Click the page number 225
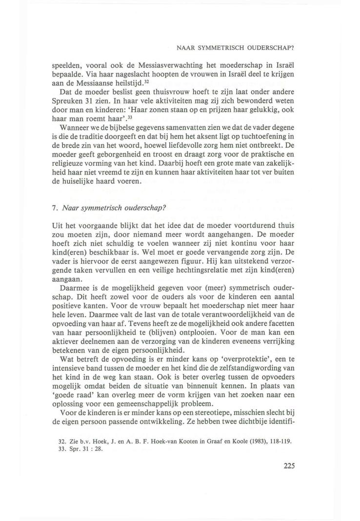tap(288, 465)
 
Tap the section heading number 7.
tap(54, 207)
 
